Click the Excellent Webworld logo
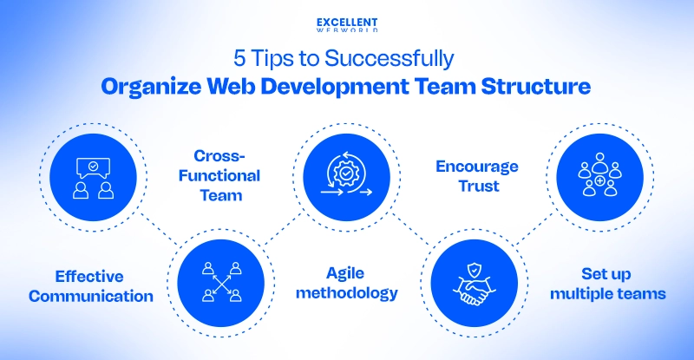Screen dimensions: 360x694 click(x=347, y=26)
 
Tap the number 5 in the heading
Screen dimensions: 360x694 click(x=239, y=59)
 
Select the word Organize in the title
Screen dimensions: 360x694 click(x=147, y=87)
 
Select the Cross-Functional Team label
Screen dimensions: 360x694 click(x=226, y=175)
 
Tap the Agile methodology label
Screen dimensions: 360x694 click(x=347, y=284)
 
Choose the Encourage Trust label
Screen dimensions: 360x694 click(x=476, y=175)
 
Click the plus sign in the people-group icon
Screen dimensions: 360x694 click(x=600, y=182)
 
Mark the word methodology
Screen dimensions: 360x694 click(x=347, y=293)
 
